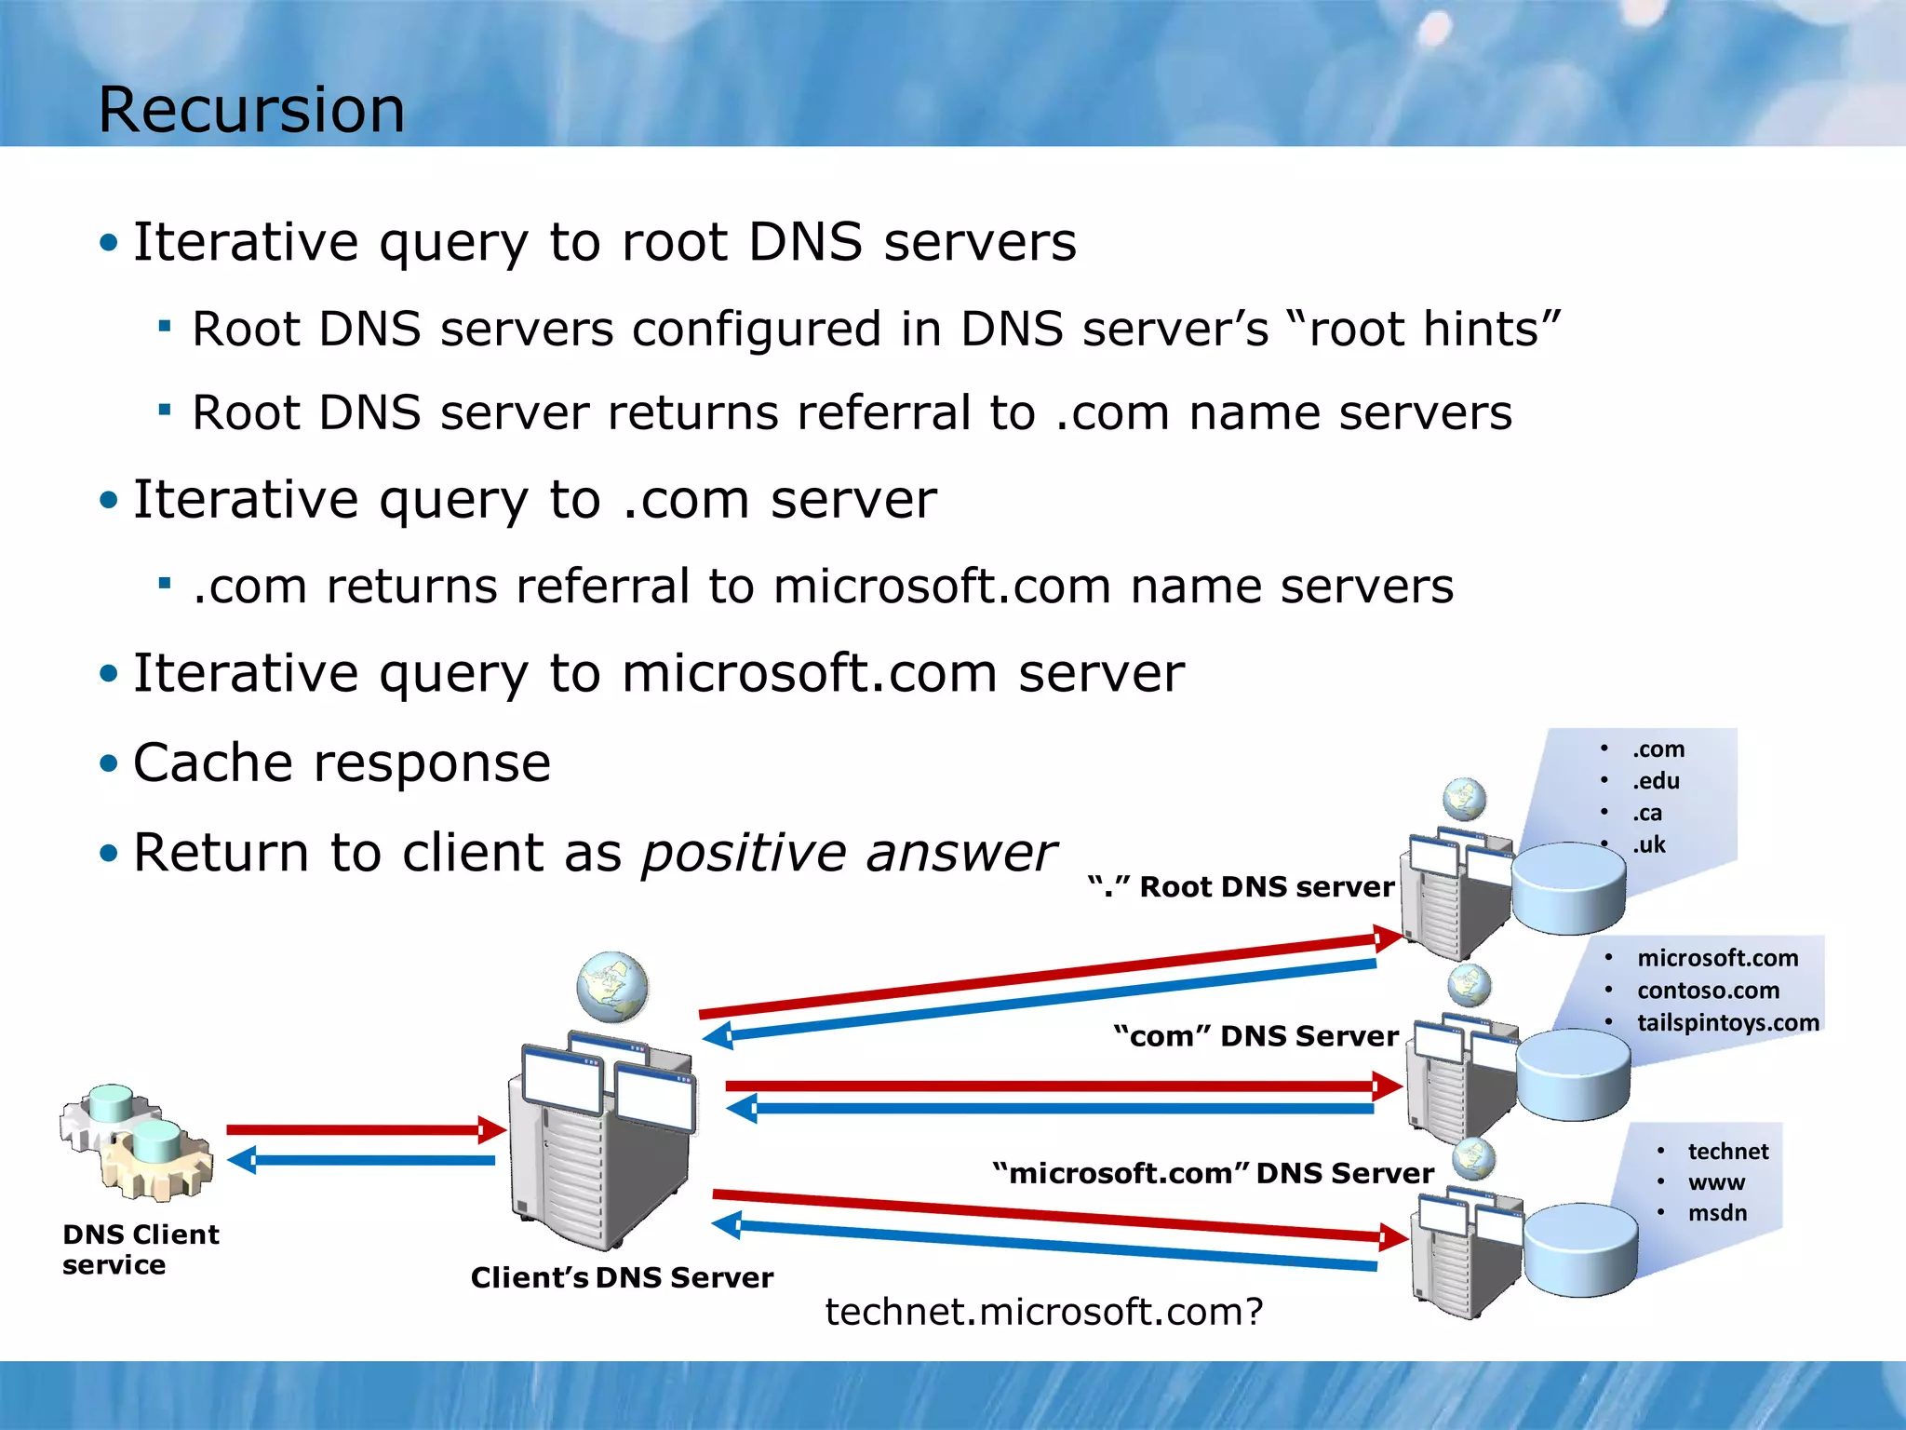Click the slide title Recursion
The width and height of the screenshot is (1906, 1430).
click(251, 110)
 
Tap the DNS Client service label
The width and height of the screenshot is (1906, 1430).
click(141, 1248)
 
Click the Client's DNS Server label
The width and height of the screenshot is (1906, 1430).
click(622, 1277)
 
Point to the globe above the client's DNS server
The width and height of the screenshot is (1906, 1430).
click(611, 987)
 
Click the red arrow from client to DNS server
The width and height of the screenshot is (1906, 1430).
click(363, 1129)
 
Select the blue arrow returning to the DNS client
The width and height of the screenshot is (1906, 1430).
click(363, 1160)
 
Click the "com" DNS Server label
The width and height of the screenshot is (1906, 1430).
click(1255, 1035)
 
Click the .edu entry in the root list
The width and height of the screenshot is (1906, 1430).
click(1656, 781)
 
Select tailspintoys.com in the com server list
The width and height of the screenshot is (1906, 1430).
click(1727, 1022)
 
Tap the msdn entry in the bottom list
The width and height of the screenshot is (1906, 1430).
click(1717, 1213)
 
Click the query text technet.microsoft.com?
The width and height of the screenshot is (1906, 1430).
click(1043, 1311)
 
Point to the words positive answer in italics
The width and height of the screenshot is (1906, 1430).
click(849, 853)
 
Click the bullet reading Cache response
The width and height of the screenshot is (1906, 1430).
click(342, 763)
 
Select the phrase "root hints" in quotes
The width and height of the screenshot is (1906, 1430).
click(1424, 329)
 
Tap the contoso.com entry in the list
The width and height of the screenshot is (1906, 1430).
click(1708, 991)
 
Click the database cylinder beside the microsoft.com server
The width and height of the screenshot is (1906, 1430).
click(1580, 1249)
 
